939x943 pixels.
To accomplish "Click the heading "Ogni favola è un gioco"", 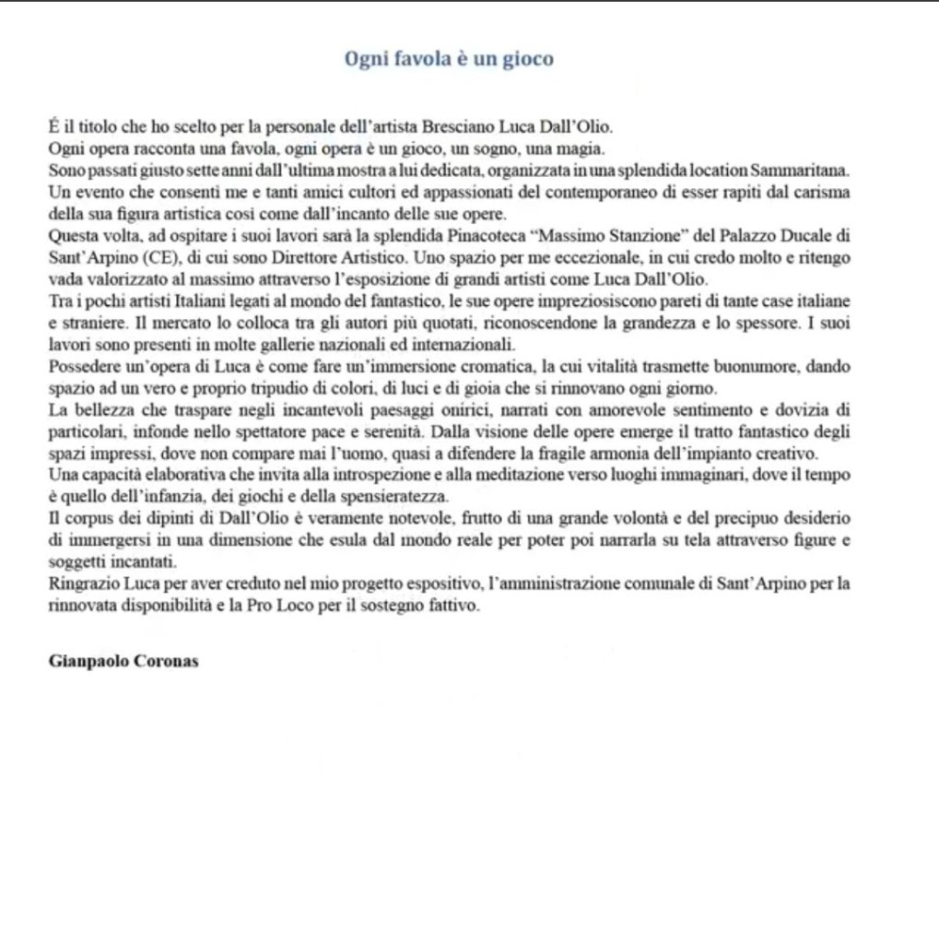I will [449, 60].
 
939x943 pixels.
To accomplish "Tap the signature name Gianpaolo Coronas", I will [112, 662].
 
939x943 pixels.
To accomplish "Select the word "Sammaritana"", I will [801, 172].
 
